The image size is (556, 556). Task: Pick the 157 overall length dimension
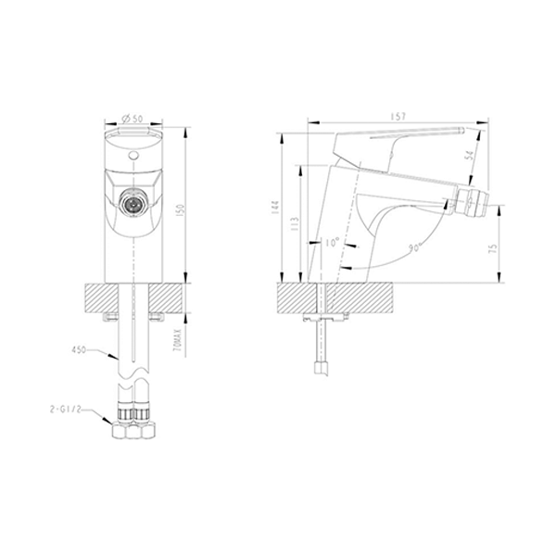tap(400, 118)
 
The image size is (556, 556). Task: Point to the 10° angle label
tap(334, 244)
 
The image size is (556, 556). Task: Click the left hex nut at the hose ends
tap(120, 429)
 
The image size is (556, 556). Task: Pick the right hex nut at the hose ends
tap(145, 429)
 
